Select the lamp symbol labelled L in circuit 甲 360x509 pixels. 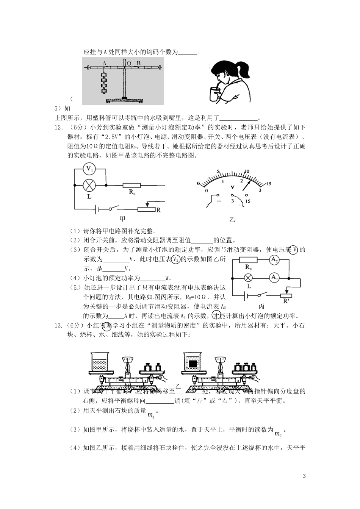point(90,186)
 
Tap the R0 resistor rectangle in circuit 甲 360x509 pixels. point(131,186)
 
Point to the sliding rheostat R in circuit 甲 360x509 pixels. point(146,209)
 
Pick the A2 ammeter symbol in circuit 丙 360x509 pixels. point(274,260)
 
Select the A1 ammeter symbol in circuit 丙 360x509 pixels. point(274,278)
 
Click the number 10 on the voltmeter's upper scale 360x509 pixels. point(247,171)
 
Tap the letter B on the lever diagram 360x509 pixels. point(139,63)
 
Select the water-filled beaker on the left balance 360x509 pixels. point(100,362)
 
